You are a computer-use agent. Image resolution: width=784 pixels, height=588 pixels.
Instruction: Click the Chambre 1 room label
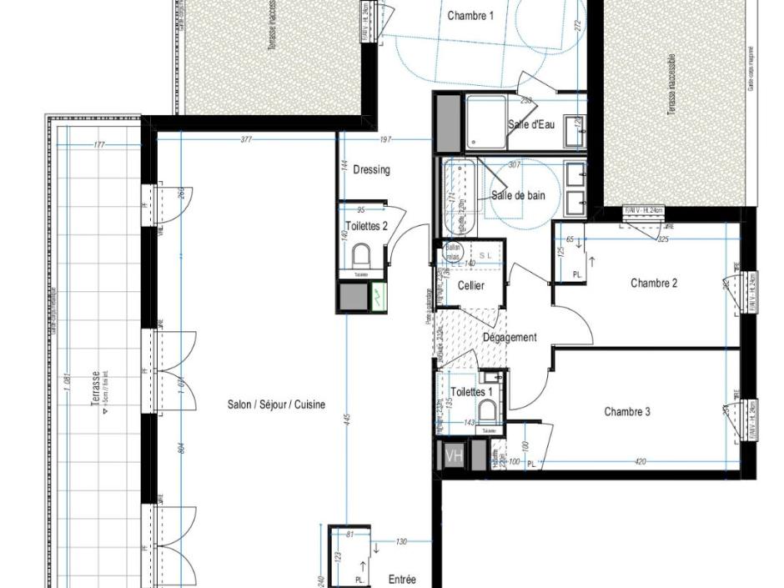pos(470,15)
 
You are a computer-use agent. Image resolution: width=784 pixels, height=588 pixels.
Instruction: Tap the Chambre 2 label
pos(654,284)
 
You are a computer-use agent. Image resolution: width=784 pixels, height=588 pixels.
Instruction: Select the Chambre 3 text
pos(627,412)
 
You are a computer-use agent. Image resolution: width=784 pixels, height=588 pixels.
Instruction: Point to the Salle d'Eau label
pos(531,125)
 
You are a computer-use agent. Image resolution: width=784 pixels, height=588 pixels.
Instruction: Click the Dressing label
pos(371,170)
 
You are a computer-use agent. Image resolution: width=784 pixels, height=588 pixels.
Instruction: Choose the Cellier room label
pos(470,286)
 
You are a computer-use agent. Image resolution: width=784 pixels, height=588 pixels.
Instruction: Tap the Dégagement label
pos(510,337)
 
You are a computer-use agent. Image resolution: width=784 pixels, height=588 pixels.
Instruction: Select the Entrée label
pos(402,580)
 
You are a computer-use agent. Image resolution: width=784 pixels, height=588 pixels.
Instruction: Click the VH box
pos(454,457)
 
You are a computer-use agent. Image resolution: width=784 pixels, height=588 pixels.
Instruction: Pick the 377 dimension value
pos(246,139)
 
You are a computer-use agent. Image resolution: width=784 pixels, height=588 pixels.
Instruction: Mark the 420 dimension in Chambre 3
pos(640,461)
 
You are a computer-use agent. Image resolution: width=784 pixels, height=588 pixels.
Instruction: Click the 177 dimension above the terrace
pos(99,145)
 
